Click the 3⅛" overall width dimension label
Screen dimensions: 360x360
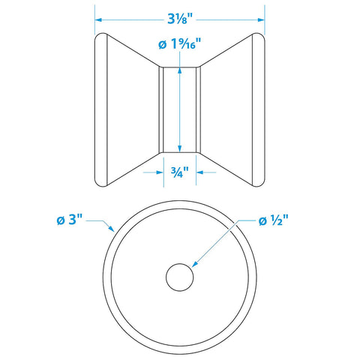tap(181, 19)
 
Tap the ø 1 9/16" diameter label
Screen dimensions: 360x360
tap(180, 44)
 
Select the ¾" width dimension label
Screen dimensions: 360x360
tap(180, 172)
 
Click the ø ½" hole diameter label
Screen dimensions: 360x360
tap(274, 220)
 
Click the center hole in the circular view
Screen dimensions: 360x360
tap(180, 277)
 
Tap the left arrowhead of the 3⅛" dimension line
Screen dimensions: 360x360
tap(98, 19)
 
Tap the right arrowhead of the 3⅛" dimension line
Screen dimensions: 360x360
tap(261, 19)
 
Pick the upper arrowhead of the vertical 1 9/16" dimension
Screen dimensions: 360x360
tap(179, 70)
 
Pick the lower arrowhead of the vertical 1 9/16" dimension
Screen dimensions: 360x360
tap(179, 149)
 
